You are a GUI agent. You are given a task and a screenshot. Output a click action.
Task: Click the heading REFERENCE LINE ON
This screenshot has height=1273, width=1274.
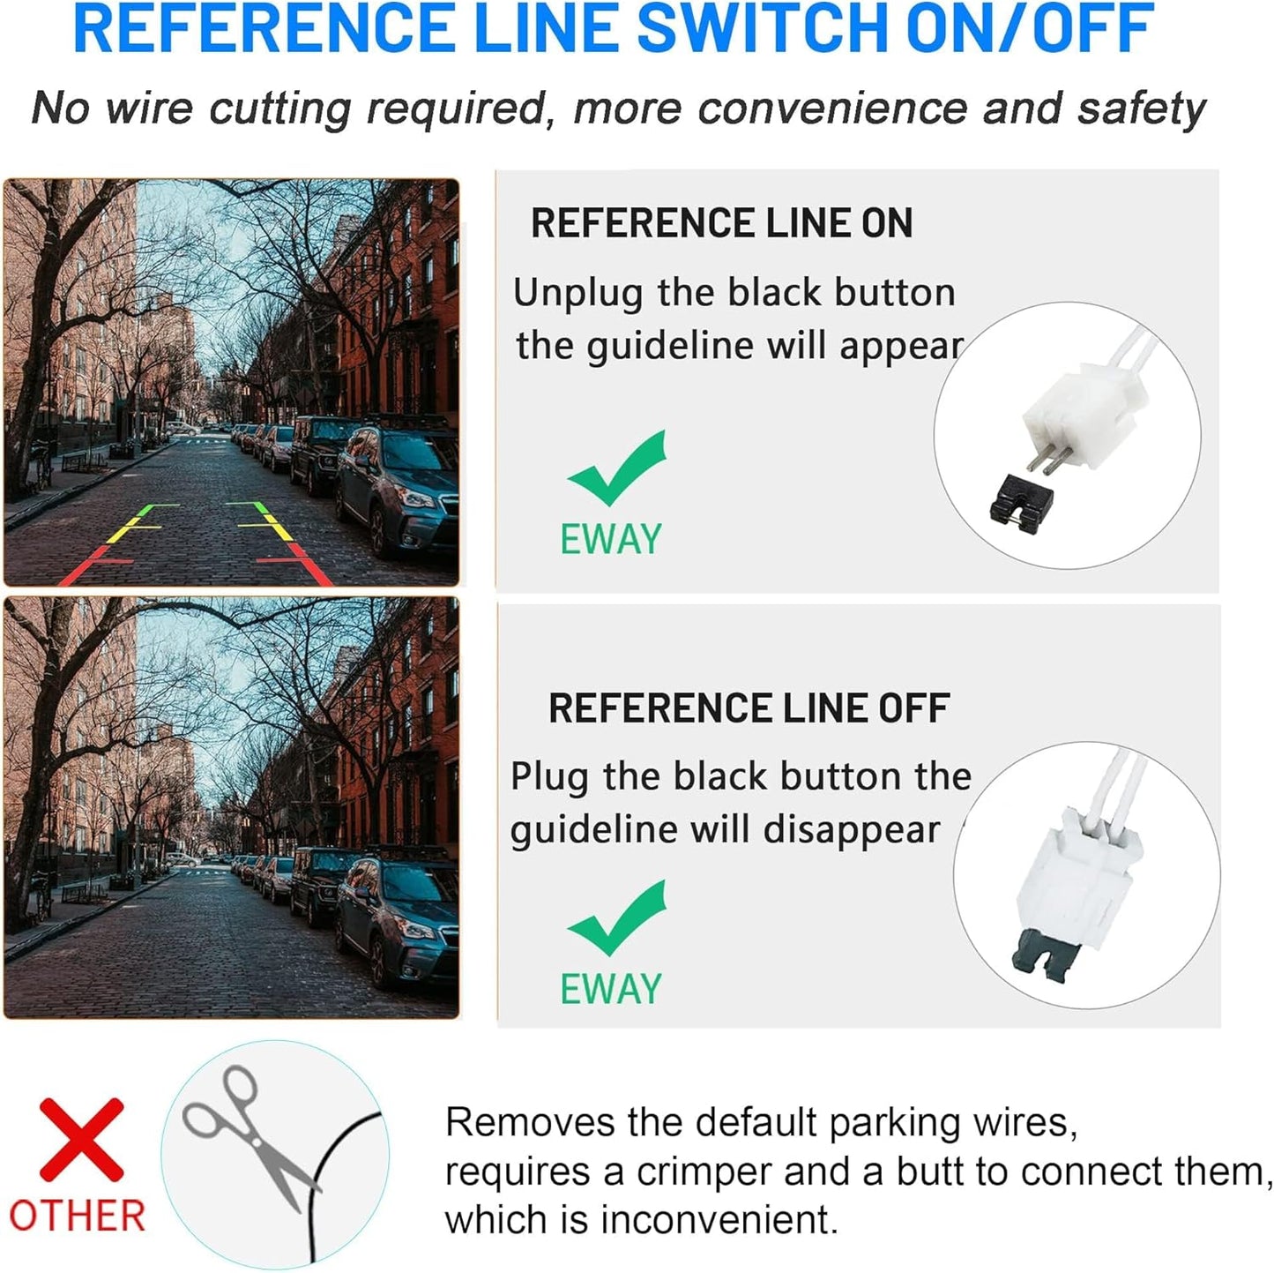pos(722,223)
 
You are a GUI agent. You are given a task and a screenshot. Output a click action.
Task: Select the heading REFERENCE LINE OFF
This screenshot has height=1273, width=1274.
pos(749,708)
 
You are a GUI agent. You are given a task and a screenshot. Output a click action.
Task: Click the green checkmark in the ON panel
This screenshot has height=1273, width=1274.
pos(617,468)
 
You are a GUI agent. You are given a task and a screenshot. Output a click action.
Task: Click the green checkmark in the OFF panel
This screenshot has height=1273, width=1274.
pos(617,918)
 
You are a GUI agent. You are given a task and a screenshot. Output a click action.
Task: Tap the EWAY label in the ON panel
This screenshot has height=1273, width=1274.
pos(611,538)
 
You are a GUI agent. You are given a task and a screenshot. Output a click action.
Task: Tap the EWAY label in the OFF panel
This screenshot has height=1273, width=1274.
pos(611,988)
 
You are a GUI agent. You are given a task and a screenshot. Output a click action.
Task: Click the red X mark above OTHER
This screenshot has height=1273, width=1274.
pos(81,1140)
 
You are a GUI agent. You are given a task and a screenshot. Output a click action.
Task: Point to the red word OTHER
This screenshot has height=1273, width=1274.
pos(78,1216)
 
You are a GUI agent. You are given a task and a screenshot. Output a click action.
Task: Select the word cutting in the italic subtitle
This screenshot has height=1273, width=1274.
pos(280,109)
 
